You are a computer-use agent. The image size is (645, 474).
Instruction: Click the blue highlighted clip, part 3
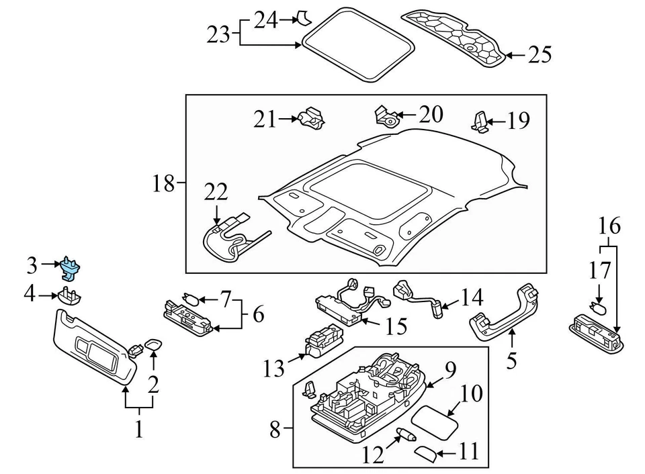point(71,267)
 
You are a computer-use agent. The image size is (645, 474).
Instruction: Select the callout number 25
point(539,54)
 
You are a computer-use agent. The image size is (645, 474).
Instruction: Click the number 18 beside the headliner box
point(163,183)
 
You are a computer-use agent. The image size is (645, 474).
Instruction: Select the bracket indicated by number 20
point(387,117)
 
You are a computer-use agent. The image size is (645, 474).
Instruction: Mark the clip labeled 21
point(312,119)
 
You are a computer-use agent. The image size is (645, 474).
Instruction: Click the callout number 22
point(216,192)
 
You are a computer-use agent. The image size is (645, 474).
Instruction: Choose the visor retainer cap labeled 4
point(69,295)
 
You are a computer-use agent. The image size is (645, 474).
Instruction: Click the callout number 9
point(449,370)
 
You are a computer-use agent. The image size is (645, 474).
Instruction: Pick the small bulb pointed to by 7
point(189,299)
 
